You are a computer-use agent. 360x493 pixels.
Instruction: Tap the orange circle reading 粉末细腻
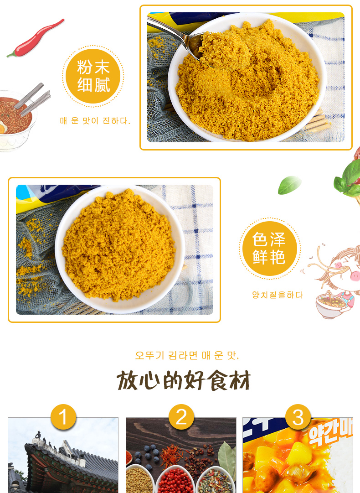click(x=93, y=76)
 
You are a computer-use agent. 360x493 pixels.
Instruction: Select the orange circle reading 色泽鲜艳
click(x=269, y=249)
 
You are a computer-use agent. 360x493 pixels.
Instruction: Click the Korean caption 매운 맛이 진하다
click(x=95, y=121)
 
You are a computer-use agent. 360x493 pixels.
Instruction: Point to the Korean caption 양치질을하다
click(x=278, y=295)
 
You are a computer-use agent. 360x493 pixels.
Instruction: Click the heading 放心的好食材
click(x=184, y=380)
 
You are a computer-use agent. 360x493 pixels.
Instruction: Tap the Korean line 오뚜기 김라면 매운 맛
click(x=187, y=355)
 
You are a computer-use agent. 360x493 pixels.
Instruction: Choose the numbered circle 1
click(x=63, y=417)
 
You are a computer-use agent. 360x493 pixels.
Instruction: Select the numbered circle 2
click(x=181, y=417)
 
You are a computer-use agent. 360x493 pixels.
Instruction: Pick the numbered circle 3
click(x=298, y=417)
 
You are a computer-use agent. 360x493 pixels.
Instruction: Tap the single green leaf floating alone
click(x=289, y=185)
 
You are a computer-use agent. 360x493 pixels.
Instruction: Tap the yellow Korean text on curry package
click(x=330, y=434)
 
